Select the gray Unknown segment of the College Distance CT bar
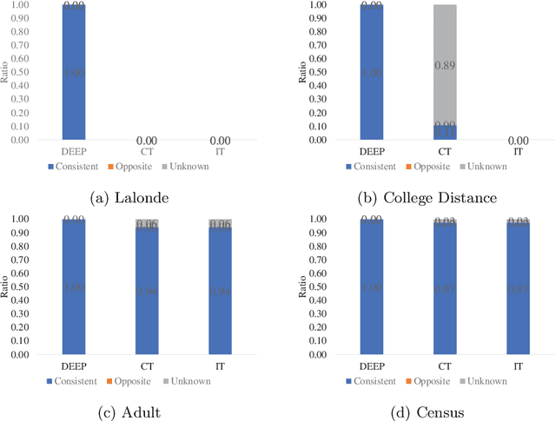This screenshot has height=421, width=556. (x=445, y=64)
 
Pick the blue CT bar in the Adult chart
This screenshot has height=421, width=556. (x=146, y=291)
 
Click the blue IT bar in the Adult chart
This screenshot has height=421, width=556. (x=220, y=291)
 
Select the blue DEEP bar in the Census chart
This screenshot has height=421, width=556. (x=371, y=287)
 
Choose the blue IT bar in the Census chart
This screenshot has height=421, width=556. (x=519, y=289)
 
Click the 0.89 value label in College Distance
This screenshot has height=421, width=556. (x=446, y=64)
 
